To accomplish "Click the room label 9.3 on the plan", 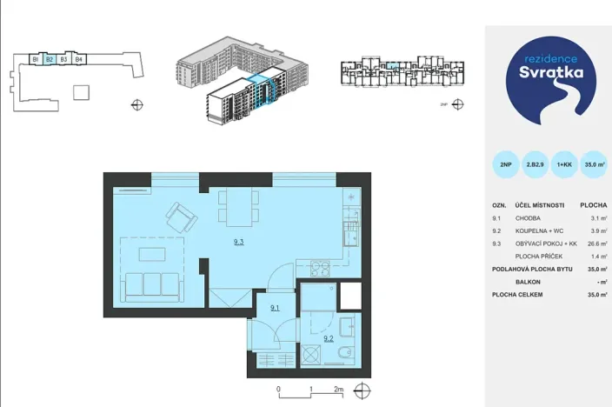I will pos(238,243).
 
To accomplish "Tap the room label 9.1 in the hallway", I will pos(275,307).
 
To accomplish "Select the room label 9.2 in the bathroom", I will pos(329,337).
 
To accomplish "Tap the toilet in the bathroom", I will pos(346,355).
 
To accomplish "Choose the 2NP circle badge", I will pos(505,163).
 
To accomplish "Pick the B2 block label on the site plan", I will pos(50,59).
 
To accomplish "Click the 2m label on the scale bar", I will pos(339,390).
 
